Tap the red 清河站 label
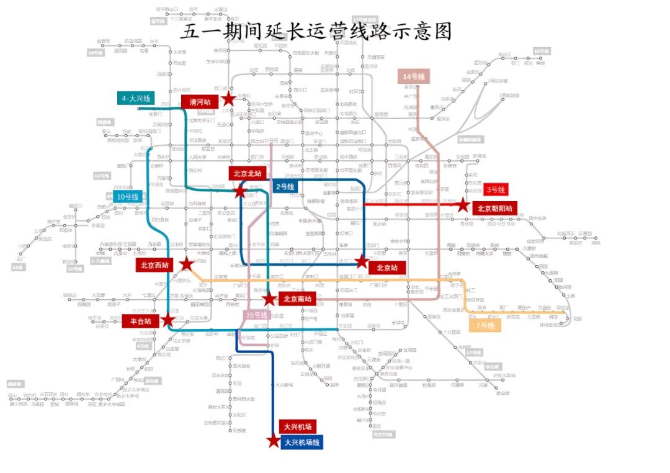(x=199, y=102)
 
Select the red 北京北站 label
(x=249, y=173)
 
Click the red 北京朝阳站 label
(x=494, y=208)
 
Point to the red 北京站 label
(x=387, y=268)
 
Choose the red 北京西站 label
(x=154, y=266)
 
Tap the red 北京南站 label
(x=297, y=299)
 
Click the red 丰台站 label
(x=140, y=321)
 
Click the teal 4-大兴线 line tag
(x=136, y=99)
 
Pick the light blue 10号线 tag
(x=127, y=197)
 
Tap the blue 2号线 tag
(x=285, y=186)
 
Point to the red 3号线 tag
(x=496, y=189)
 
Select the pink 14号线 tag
(x=413, y=76)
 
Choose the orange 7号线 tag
(x=485, y=325)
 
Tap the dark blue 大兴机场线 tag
(x=301, y=443)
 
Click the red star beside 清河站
(x=228, y=99)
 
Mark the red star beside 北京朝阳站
(x=463, y=204)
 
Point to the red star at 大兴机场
(x=274, y=441)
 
